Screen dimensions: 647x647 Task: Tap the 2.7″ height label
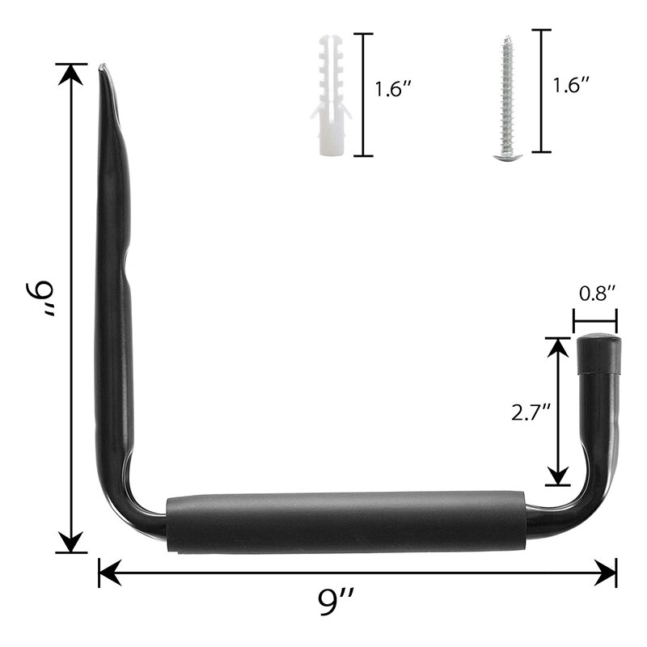[x=531, y=412]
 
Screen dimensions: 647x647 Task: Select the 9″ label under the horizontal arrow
[x=338, y=603]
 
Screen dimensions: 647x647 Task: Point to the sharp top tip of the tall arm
[x=103, y=68]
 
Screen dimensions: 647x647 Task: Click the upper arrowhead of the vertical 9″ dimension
[x=73, y=73]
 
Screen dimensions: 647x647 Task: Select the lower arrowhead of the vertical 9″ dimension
[x=73, y=543]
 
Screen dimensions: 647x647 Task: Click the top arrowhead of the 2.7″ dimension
[x=557, y=346]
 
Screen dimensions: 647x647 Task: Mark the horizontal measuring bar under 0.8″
[x=595, y=320]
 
